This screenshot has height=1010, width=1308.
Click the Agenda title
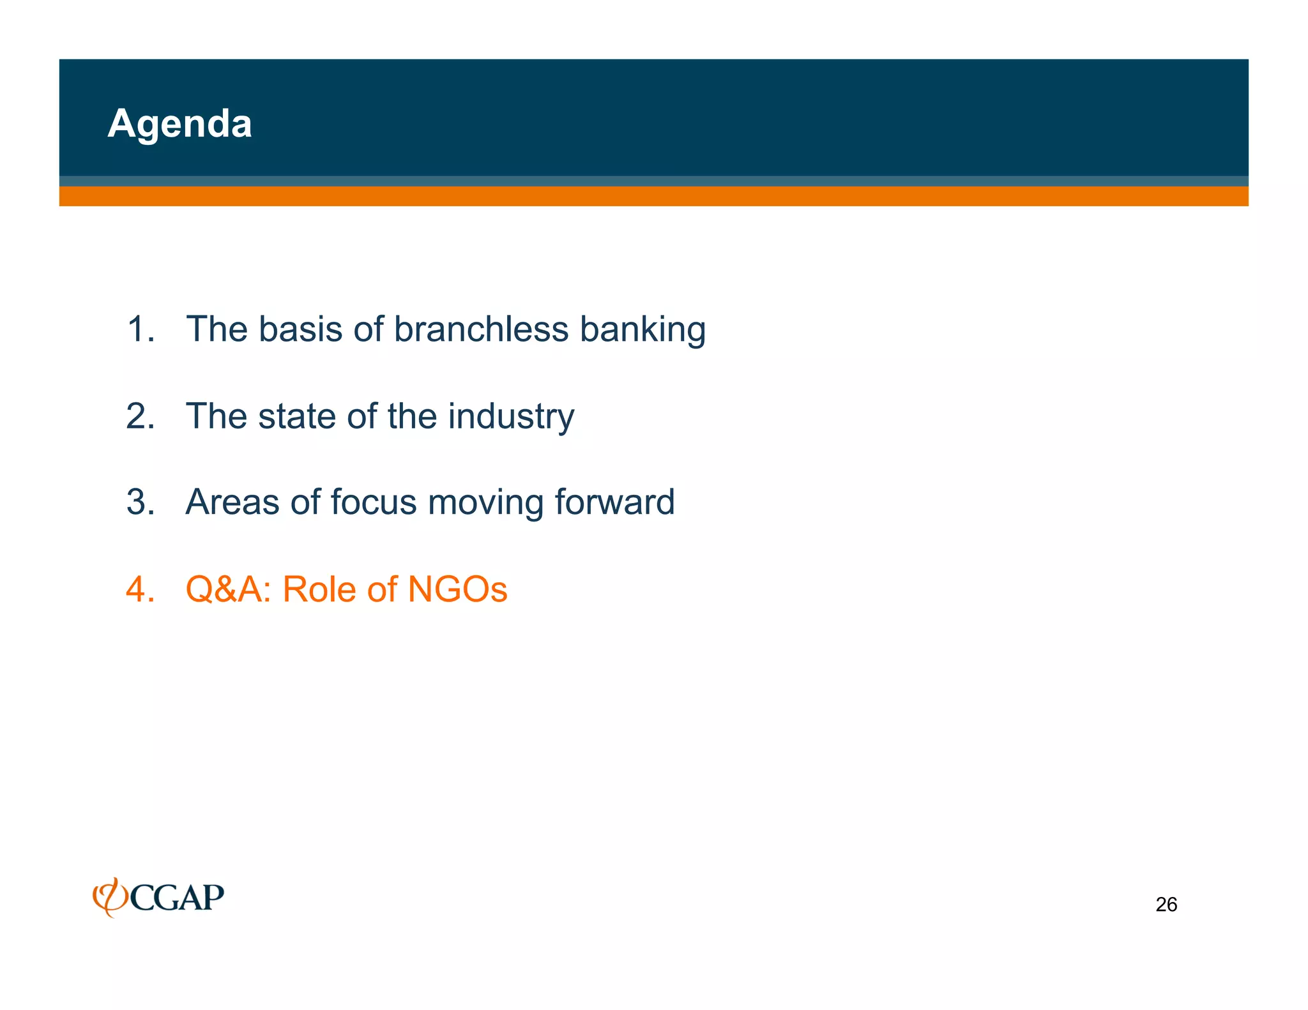point(179,123)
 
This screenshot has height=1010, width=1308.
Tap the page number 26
point(1166,905)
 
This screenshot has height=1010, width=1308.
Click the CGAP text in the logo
point(178,898)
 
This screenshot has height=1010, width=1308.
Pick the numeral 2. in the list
point(141,416)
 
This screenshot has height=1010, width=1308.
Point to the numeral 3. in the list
point(141,502)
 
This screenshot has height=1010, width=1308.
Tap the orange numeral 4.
point(141,589)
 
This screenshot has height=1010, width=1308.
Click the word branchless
point(480,329)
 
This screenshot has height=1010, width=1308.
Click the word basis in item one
point(300,329)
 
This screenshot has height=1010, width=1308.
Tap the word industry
point(511,417)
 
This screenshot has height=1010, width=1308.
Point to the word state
point(296,416)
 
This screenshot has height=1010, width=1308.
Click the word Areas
point(232,502)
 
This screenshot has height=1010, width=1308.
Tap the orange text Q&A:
point(229,589)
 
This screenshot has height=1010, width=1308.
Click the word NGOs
point(457,589)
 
